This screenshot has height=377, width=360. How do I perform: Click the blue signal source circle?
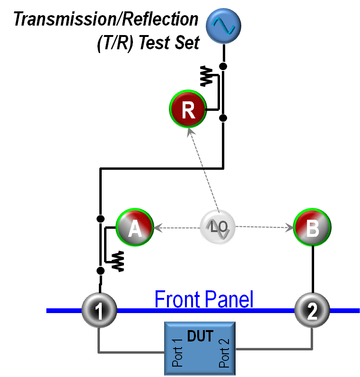(224, 25)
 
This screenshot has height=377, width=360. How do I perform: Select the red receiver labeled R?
(188, 109)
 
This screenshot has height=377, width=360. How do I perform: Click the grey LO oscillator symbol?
(218, 228)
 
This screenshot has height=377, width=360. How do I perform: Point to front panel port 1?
(99, 311)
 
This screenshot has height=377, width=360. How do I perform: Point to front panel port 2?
(312, 311)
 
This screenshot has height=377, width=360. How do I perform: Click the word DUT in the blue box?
(200, 336)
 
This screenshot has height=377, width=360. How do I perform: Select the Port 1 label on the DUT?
(177, 353)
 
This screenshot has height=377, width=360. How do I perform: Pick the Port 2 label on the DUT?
(225, 353)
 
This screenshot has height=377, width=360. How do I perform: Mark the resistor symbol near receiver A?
(118, 261)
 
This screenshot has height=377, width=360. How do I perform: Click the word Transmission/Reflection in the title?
(106, 19)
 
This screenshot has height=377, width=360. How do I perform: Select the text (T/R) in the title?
(113, 43)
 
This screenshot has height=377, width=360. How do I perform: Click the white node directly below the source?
(223, 66)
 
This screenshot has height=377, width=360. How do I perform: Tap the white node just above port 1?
(100, 270)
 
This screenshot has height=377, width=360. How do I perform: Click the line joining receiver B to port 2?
(312, 270)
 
